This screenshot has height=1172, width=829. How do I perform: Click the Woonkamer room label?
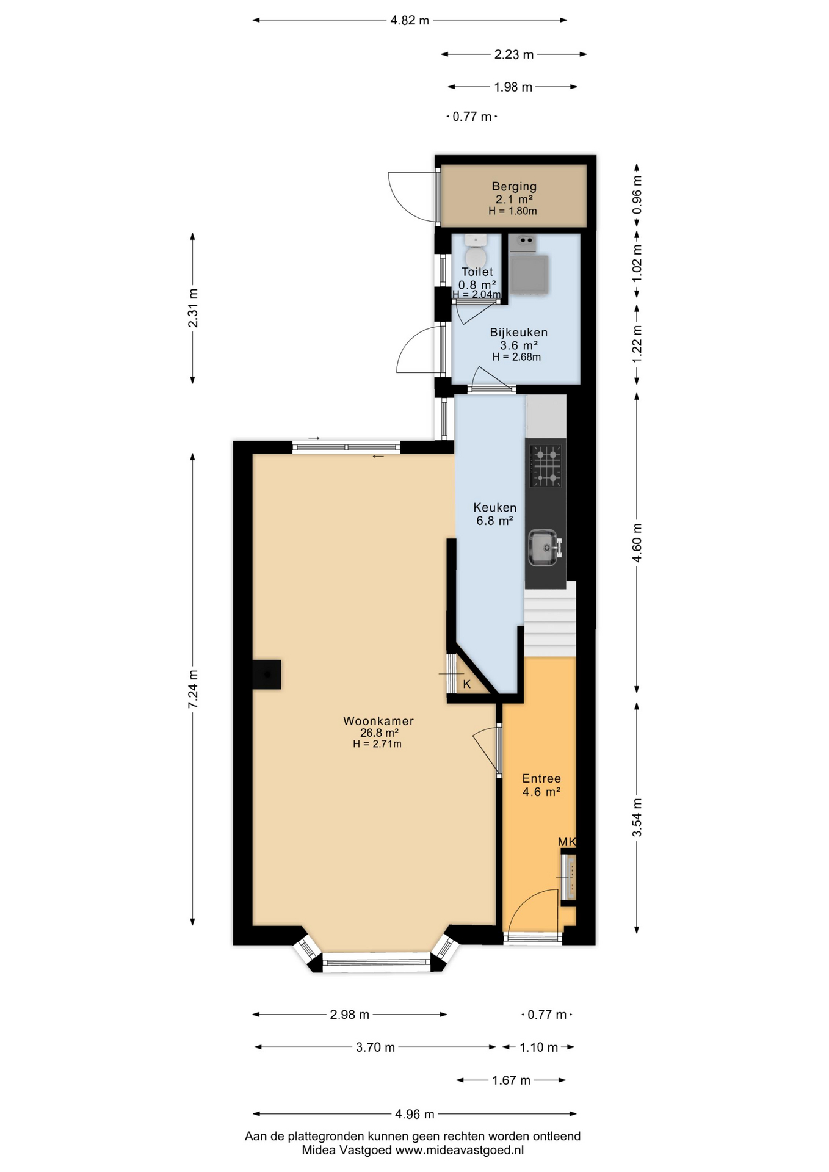378,720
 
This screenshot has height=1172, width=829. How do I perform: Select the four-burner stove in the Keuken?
546,466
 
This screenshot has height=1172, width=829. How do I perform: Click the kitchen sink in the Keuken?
543,547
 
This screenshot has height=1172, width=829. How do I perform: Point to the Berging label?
514,186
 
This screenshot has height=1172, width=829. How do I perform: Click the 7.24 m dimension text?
193,689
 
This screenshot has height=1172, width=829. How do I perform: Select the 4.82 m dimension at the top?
410,20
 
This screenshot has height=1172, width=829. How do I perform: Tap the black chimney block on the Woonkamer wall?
267,675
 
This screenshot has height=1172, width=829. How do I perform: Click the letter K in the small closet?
467,684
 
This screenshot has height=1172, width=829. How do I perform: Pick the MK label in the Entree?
567,842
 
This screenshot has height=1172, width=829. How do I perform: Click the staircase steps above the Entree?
550,620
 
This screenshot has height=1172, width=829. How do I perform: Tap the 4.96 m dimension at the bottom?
415,1114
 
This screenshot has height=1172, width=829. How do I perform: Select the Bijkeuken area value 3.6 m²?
518,345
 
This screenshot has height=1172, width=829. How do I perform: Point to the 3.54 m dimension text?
637,817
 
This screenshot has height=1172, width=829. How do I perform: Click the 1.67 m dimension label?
511,1080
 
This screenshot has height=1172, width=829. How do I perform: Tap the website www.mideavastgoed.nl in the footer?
459,1150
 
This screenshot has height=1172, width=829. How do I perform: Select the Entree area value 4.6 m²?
541,792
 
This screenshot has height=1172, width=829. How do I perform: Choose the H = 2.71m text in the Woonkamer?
377,743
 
